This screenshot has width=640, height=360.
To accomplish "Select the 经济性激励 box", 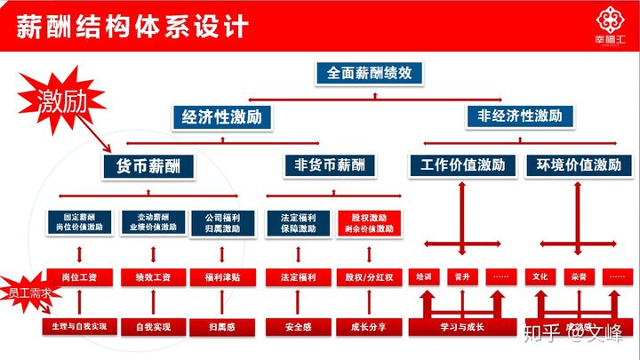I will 222,116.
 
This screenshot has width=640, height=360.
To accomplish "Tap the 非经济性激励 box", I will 519,116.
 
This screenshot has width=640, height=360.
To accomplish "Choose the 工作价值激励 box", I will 463,165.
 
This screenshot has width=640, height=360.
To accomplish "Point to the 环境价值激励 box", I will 579,165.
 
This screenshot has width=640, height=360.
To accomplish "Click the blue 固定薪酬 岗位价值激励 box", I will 79,223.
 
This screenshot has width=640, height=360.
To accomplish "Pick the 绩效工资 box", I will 150,277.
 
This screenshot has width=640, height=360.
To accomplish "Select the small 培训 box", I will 422,276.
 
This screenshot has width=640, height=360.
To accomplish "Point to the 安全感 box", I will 298,327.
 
